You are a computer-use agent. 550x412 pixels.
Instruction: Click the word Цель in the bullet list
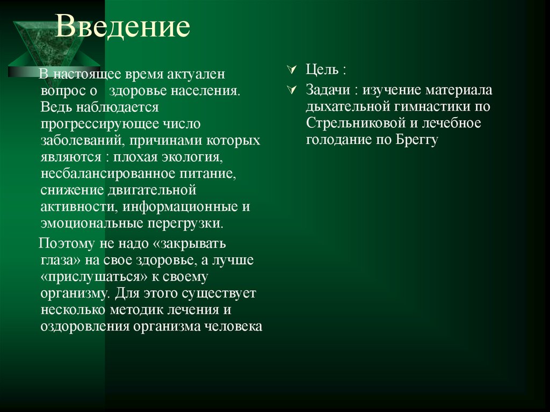(322, 70)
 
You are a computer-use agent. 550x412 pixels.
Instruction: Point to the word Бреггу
(417, 140)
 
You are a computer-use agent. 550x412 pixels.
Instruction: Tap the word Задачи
(325, 90)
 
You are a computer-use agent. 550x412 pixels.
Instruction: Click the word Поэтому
(66, 243)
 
